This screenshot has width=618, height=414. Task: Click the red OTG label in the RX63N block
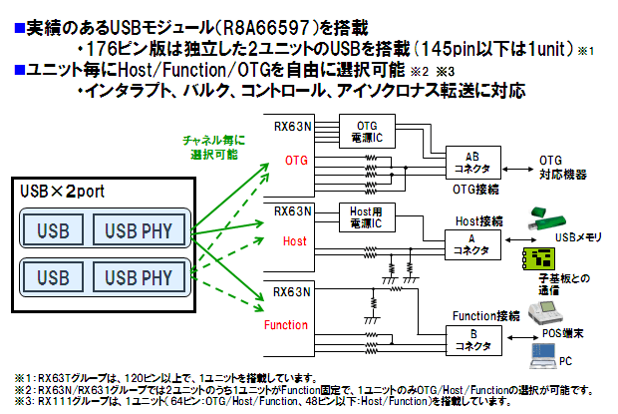click(297, 160)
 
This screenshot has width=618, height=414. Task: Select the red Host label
click(295, 241)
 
